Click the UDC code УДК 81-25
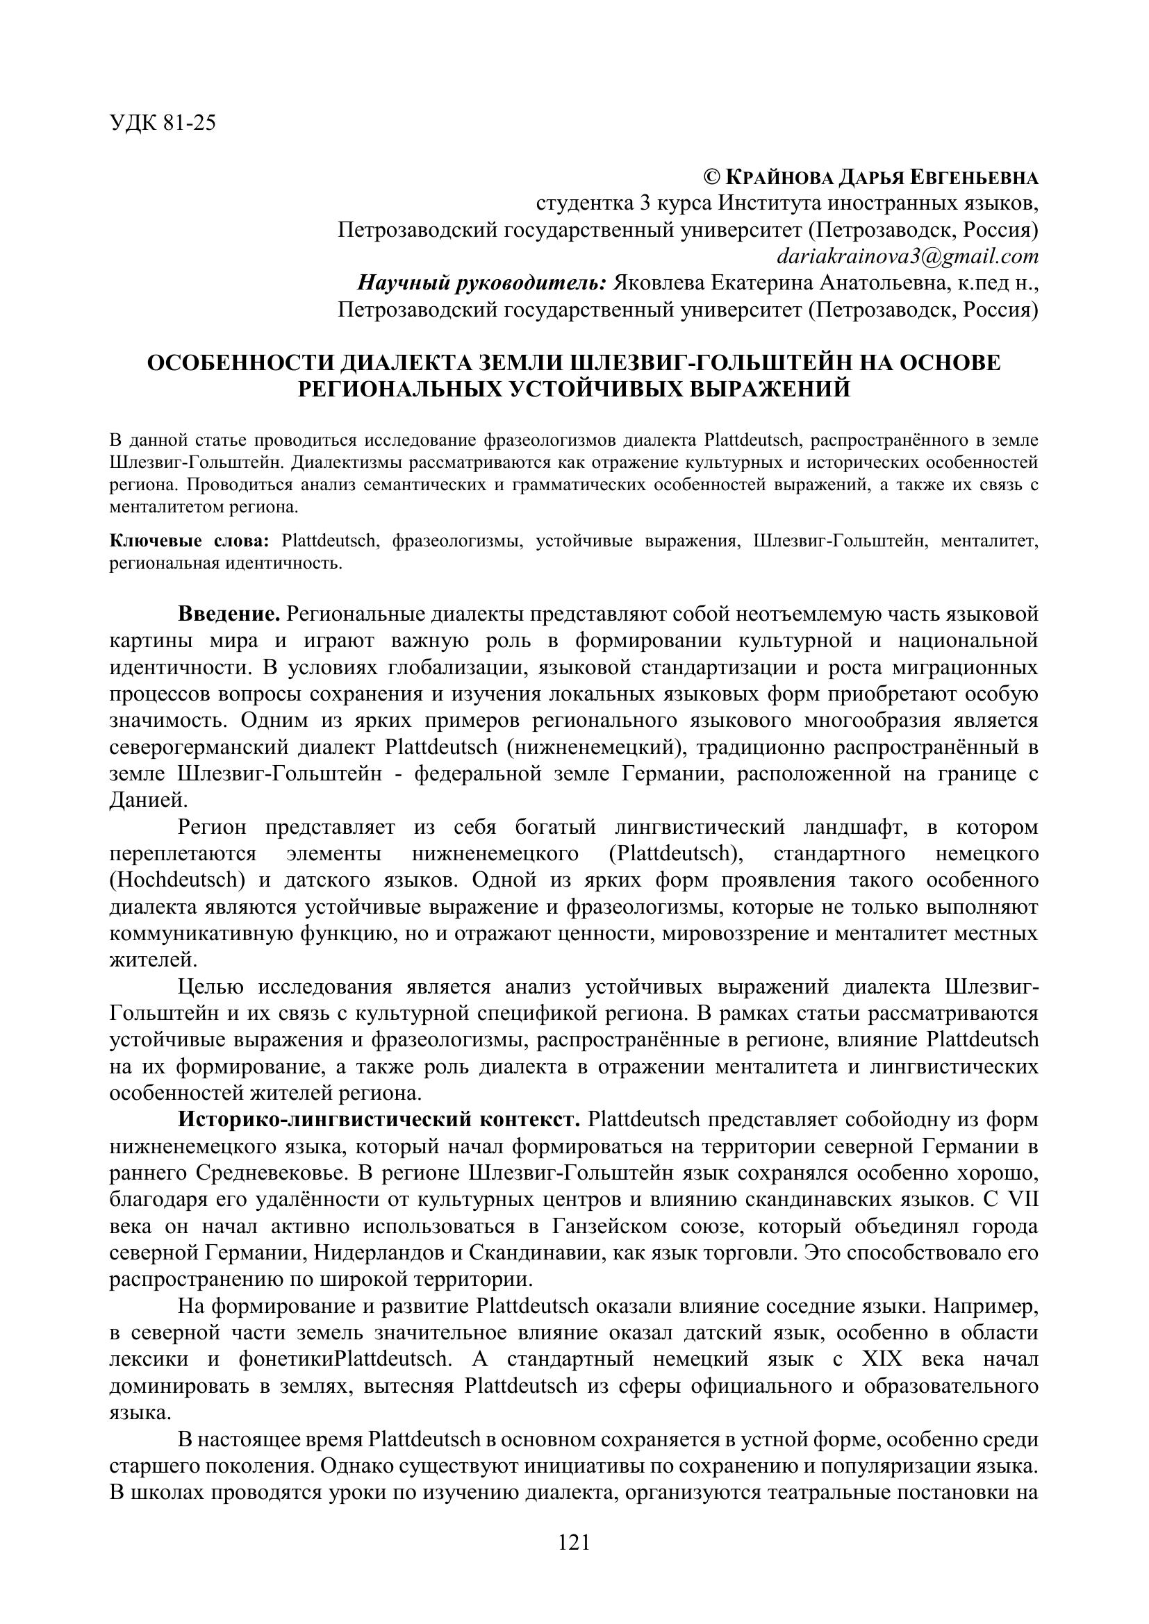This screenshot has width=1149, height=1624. (163, 124)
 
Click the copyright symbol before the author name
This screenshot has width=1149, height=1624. (712, 177)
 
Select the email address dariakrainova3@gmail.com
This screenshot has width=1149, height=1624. (908, 256)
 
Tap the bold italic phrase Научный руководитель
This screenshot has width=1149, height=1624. (482, 283)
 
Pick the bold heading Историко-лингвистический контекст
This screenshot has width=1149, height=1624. (379, 1120)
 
